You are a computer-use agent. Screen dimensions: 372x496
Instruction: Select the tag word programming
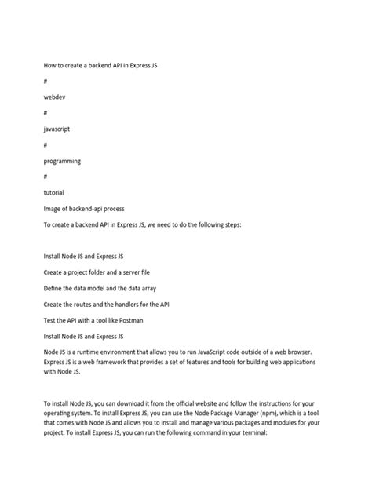[x=63, y=160]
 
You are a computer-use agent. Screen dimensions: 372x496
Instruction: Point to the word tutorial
[x=54, y=192]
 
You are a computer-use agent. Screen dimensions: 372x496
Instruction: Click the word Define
[x=55, y=288]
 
